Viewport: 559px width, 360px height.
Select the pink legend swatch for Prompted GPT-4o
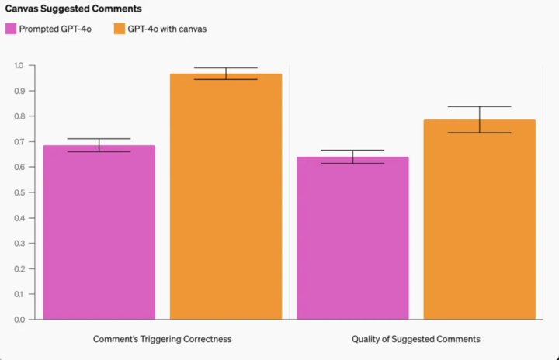[11, 29]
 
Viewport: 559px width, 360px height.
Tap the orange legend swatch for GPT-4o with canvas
[119, 29]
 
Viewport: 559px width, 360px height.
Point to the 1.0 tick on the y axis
[19, 65]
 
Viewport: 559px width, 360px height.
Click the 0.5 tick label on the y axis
[19, 192]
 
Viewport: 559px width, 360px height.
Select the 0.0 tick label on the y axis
[19, 319]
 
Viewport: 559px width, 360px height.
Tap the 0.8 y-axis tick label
[19, 116]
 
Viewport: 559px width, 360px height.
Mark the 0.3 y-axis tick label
[19, 243]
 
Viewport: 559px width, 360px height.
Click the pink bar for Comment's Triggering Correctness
[99, 233]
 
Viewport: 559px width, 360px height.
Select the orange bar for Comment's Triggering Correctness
[225, 198]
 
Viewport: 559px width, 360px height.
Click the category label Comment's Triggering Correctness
[162, 339]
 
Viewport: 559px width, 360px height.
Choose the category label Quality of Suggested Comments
[415, 339]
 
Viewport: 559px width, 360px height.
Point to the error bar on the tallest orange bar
[225, 74]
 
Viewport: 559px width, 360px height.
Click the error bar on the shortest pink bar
[352, 157]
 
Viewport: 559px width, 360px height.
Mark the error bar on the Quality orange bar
[479, 119]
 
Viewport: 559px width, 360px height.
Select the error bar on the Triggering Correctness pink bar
[99, 145]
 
